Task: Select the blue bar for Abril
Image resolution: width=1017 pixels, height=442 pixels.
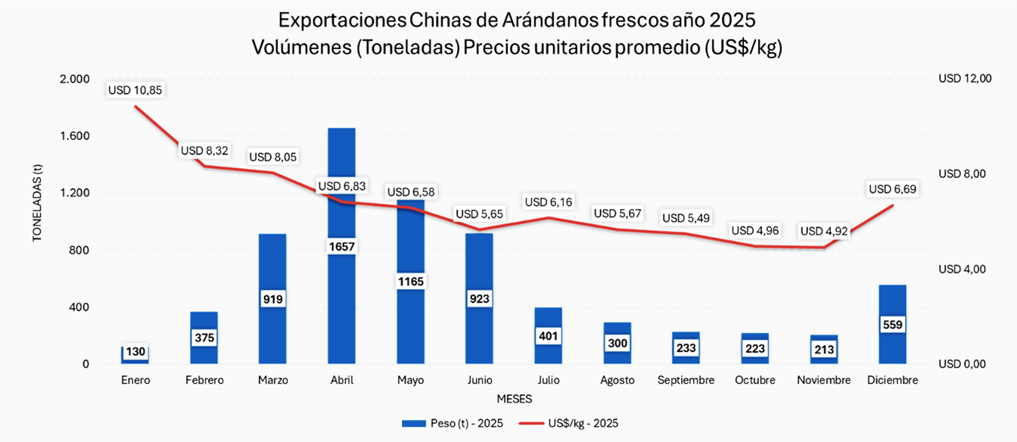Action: tap(341, 303)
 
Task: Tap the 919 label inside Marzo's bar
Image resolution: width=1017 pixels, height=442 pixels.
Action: tap(272, 299)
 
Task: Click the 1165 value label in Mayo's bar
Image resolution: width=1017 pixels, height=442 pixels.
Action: tap(411, 282)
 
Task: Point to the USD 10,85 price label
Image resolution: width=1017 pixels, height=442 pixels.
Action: tap(135, 89)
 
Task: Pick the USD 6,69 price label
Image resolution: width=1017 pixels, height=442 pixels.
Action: tap(893, 189)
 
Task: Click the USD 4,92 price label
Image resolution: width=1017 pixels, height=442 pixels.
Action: tap(824, 231)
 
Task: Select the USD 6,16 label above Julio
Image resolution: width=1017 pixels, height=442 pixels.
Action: tap(549, 202)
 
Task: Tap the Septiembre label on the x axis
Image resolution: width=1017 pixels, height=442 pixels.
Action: tap(686, 380)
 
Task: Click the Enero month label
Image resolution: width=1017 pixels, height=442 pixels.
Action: tap(135, 380)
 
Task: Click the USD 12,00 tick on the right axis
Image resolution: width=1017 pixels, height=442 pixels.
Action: tap(964, 79)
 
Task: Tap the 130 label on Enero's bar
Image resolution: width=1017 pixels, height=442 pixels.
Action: tap(135, 352)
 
